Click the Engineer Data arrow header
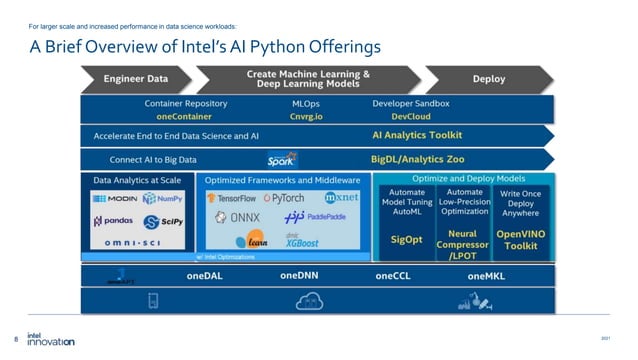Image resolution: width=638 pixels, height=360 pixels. [x=136, y=78]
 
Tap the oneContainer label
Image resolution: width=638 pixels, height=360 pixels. [x=185, y=116]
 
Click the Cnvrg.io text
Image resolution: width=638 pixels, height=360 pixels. [x=306, y=116]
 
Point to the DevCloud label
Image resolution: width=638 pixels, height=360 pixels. [x=410, y=116]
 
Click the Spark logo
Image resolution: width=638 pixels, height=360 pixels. [x=281, y=159]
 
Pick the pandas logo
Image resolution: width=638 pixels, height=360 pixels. [x=113, y=221]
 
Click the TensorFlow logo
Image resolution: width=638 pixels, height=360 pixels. [x=231, y=198]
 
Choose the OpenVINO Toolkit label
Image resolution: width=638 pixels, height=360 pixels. [x=521, y=239]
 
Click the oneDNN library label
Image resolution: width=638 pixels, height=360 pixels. [x=300, y=275]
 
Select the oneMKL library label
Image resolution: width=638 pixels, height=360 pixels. [x=486, y=275]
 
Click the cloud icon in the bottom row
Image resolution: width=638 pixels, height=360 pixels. [x=307, y=299]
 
